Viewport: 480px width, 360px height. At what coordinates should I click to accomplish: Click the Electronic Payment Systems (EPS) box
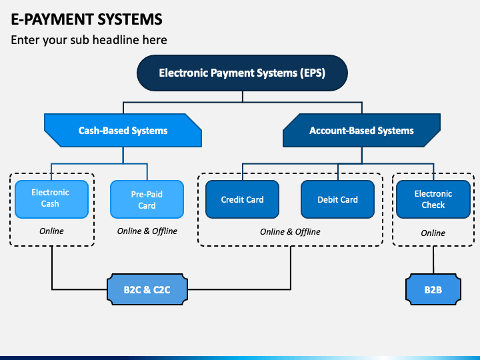coord(242,73)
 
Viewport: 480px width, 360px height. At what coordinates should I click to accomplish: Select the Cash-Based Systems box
coord(123,131)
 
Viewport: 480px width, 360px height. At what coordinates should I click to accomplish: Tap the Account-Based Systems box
coord(361,131)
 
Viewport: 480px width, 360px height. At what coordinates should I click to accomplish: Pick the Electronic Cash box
coord(51,199)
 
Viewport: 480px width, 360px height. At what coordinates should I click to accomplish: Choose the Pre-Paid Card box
coord(147,199)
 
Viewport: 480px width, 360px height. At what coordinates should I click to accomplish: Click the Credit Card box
coord(242,199)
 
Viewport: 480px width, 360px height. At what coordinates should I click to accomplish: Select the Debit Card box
coord(337,199)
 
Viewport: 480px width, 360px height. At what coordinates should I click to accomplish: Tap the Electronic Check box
coord(433,199)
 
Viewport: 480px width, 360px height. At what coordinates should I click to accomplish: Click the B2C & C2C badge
coord(147,289)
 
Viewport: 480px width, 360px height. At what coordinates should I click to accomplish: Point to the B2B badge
coord(433,289)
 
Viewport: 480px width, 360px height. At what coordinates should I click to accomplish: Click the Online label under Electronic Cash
coord(51,231)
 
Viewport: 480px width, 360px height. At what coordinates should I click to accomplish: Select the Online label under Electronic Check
coord(433,233)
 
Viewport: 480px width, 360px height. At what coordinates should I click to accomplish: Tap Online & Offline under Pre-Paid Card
coord(147,231)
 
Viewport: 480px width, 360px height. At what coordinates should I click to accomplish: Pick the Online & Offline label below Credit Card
coord(290,232)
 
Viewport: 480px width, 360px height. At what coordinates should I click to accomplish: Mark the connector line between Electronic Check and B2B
coord(433,260)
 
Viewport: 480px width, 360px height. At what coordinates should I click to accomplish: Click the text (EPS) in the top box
coord(313,73)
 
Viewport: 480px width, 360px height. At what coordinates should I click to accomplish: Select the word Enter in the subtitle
coord(25,40)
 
